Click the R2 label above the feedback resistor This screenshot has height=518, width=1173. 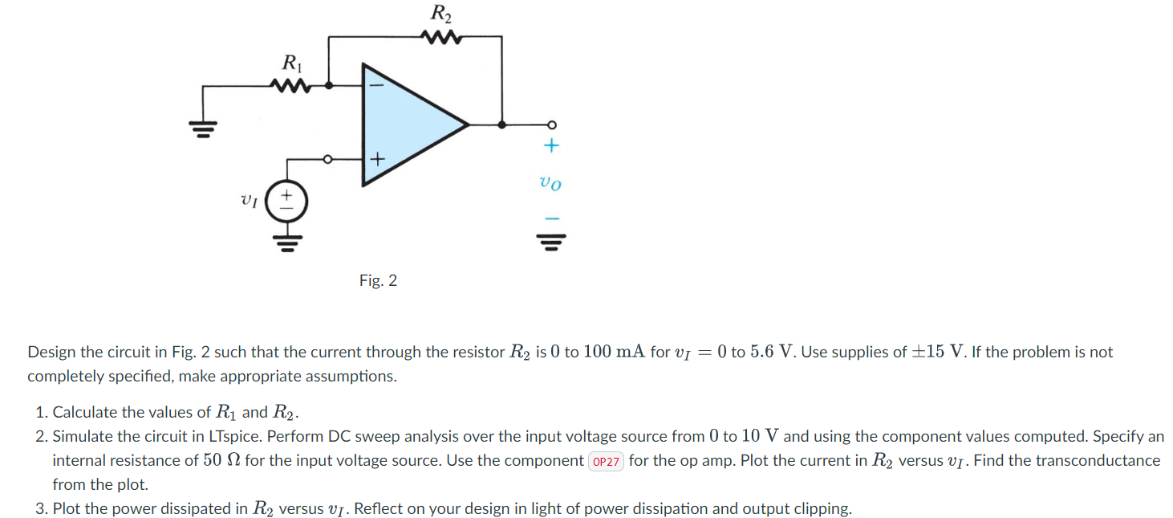(440, 13)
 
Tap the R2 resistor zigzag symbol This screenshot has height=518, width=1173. (440, 36)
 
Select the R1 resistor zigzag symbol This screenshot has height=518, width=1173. (291, 84)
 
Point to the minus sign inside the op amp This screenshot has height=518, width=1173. (377, 84)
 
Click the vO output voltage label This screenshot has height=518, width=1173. (550, 183)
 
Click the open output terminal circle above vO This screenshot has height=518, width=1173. (551, 124)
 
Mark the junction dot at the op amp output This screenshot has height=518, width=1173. (502, 124)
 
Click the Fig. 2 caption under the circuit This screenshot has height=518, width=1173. (378, 280)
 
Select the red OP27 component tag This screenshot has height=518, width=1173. (606, 462)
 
